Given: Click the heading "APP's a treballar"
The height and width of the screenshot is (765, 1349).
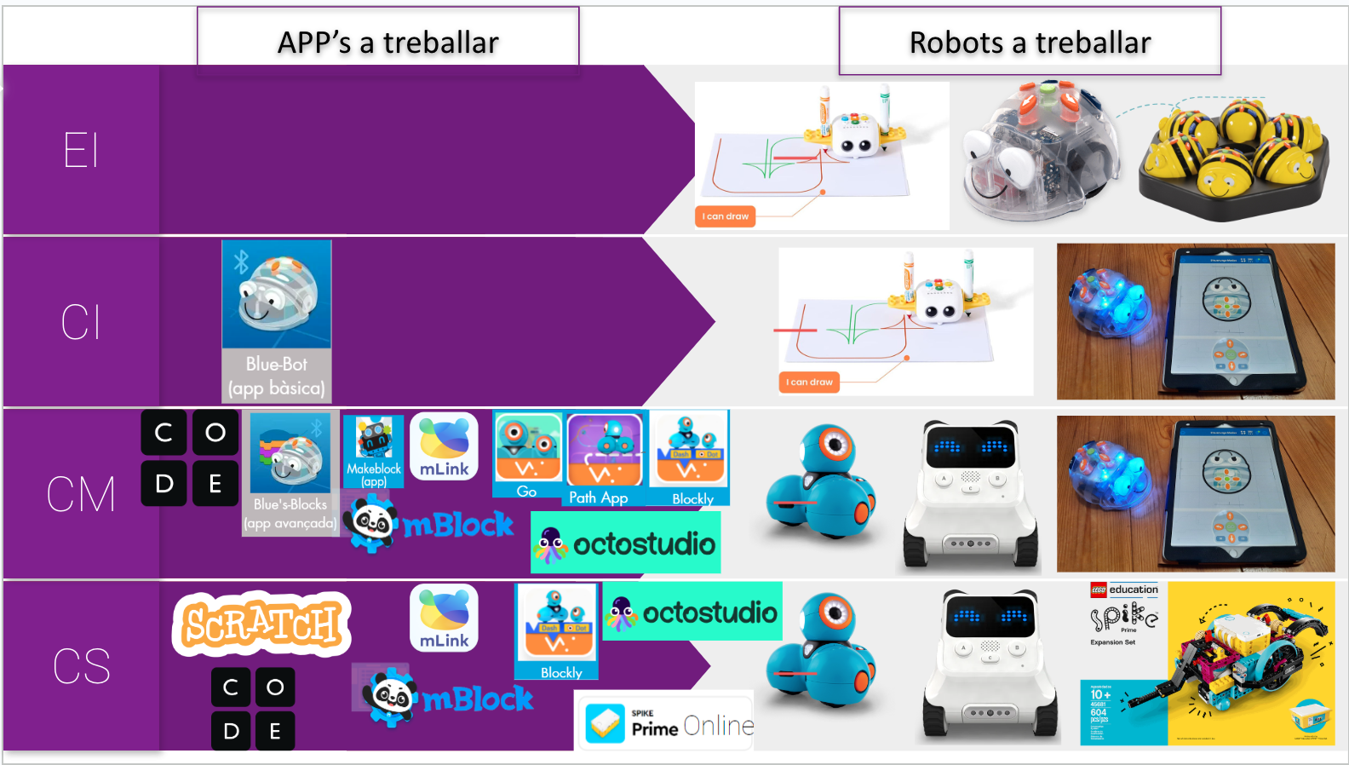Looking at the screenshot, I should [x=388, y=42].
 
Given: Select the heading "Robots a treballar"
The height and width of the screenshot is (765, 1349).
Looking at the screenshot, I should [x=1030, y=42].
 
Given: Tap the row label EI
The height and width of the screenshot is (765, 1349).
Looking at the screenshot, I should [x=81, y=151].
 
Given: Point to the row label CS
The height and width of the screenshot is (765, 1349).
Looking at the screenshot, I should [x=81, y=665].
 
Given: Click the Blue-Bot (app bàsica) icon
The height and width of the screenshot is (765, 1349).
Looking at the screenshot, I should [x=277, y=320].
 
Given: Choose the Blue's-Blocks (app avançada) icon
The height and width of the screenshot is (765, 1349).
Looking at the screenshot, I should [x=290, y=473].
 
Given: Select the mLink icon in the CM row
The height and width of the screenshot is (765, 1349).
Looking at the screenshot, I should [x=444, y=446].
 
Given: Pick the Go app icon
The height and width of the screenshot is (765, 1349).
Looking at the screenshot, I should [x=527, y=455].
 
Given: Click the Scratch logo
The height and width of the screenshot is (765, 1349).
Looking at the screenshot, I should [x=261, y=624].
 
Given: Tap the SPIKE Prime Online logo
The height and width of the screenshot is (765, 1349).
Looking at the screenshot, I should [x=667, y=723].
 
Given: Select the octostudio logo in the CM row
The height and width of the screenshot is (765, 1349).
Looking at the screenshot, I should [x=626, y=544].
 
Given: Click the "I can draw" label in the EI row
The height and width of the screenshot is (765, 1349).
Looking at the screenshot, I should [x=726, y=216].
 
